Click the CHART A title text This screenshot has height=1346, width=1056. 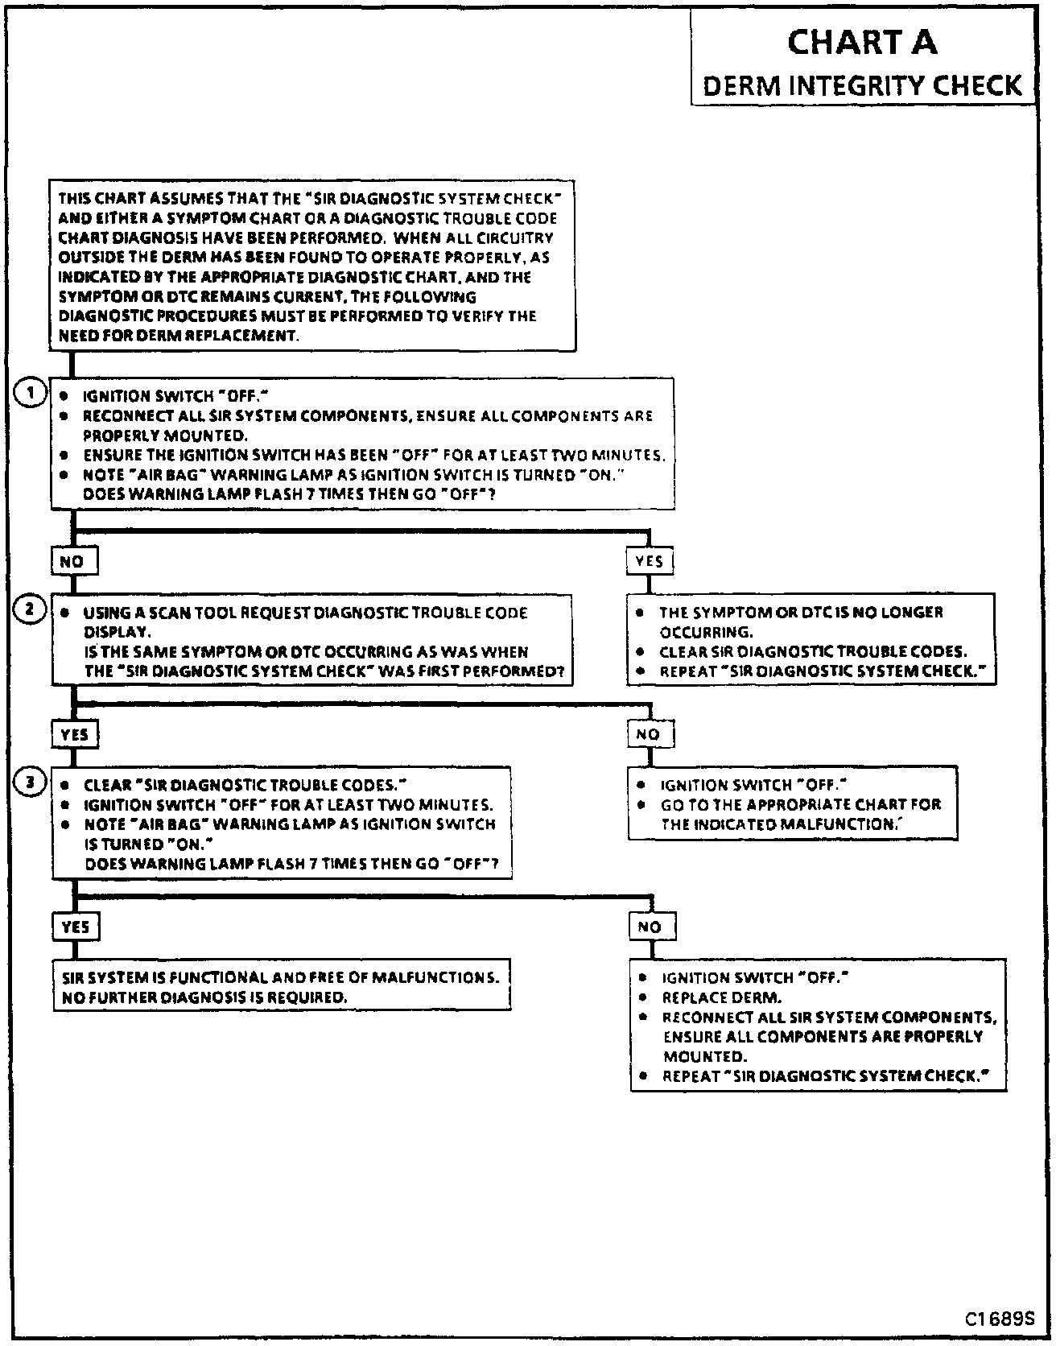pyautogui.click(x=862, y=42)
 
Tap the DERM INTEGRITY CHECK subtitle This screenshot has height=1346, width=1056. pyautogui.click(x=862, y=85)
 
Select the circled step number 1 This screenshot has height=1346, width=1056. pyautogui.click(x=31, y=394)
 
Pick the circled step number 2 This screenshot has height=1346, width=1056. pyautogui.click(x=31, y=609)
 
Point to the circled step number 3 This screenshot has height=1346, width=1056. pyautogui.click(x=31, y=782)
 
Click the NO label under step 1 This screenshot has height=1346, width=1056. pyautogui.click(x=73, y=561)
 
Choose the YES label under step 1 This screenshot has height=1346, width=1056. pyautogui.click(x=650, y=561)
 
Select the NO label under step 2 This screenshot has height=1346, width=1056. pyautogui.click(x=649, y=734)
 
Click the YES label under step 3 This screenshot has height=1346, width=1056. pyautogui.click(x=76, y=927)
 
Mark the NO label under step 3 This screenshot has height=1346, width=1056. pyautogui.click(x=650, y=927)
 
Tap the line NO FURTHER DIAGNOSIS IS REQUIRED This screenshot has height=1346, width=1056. pyautogui.click(x=204, y=997)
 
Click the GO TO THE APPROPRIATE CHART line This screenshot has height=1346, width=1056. pyautogui.click(x=800, y=804)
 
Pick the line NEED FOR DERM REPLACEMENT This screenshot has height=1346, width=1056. pyautogui.click(x=179, y=336)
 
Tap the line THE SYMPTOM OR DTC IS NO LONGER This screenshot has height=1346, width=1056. pyautogui.click(x=801, y=613)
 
